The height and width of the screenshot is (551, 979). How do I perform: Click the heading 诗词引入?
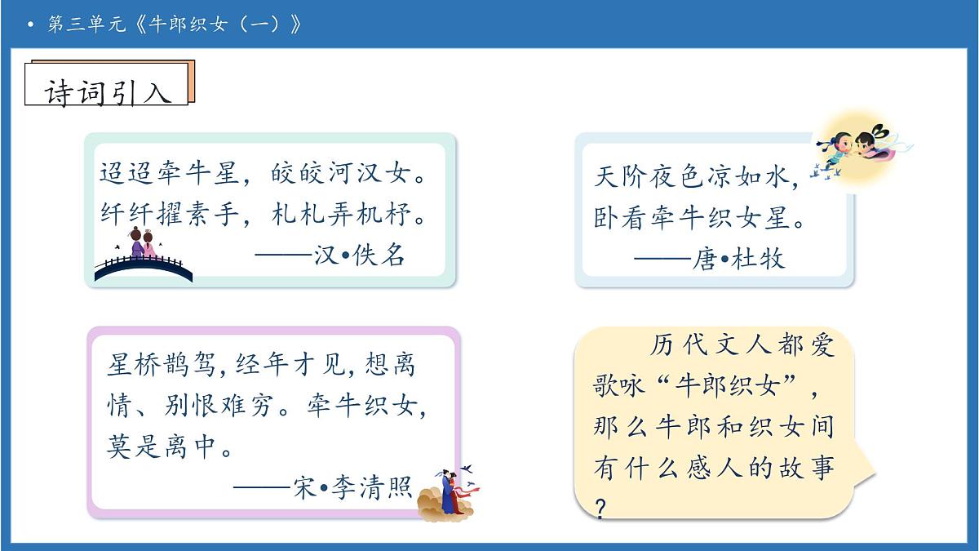point(108,92)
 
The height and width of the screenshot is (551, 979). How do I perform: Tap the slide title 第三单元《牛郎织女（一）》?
point(175,24)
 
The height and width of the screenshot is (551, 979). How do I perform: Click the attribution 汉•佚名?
point(359,256)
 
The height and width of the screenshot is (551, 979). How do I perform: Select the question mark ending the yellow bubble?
point(601,509)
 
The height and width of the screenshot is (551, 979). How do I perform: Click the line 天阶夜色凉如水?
point(696,176)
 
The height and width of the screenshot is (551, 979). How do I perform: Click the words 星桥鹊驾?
point(162,364)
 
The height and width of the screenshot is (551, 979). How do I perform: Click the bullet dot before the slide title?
point(30,25)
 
